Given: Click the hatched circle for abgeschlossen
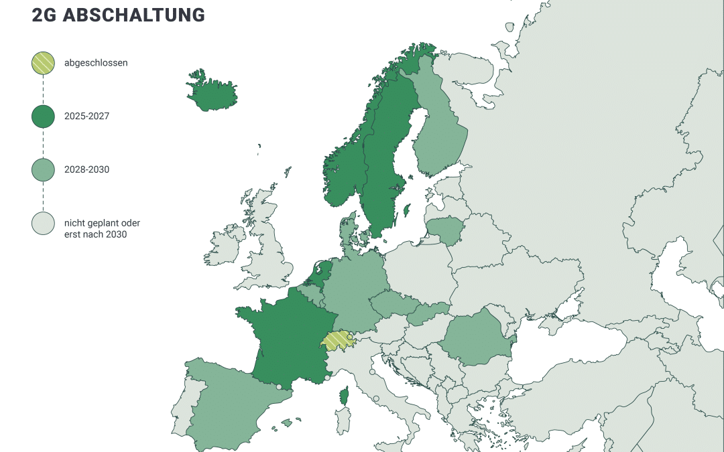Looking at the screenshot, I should pyautogui.click(x=43, y=63).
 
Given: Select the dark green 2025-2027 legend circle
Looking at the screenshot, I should pyautogui.click(x=43, y=117).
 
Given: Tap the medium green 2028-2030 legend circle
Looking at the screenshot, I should pyautogui.click(x=43, y=170).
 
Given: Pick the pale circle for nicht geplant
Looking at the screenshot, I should pyautogui.click(x=43, y=224).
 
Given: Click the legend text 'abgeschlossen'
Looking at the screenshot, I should pyautogui.click(x=96, y=63).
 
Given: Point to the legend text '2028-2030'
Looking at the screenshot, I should pyautogui.click(x=86, y=170).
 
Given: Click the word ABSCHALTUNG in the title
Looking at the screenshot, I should pyautogui.click(x=134, y=15).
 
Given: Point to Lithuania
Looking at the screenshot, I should pyautogui.click(x=446, y=229).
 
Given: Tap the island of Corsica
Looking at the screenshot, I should pyautogui.click(x=344, y=396).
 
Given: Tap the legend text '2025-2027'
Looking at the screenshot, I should pyautogui.click(x=86, y=117).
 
